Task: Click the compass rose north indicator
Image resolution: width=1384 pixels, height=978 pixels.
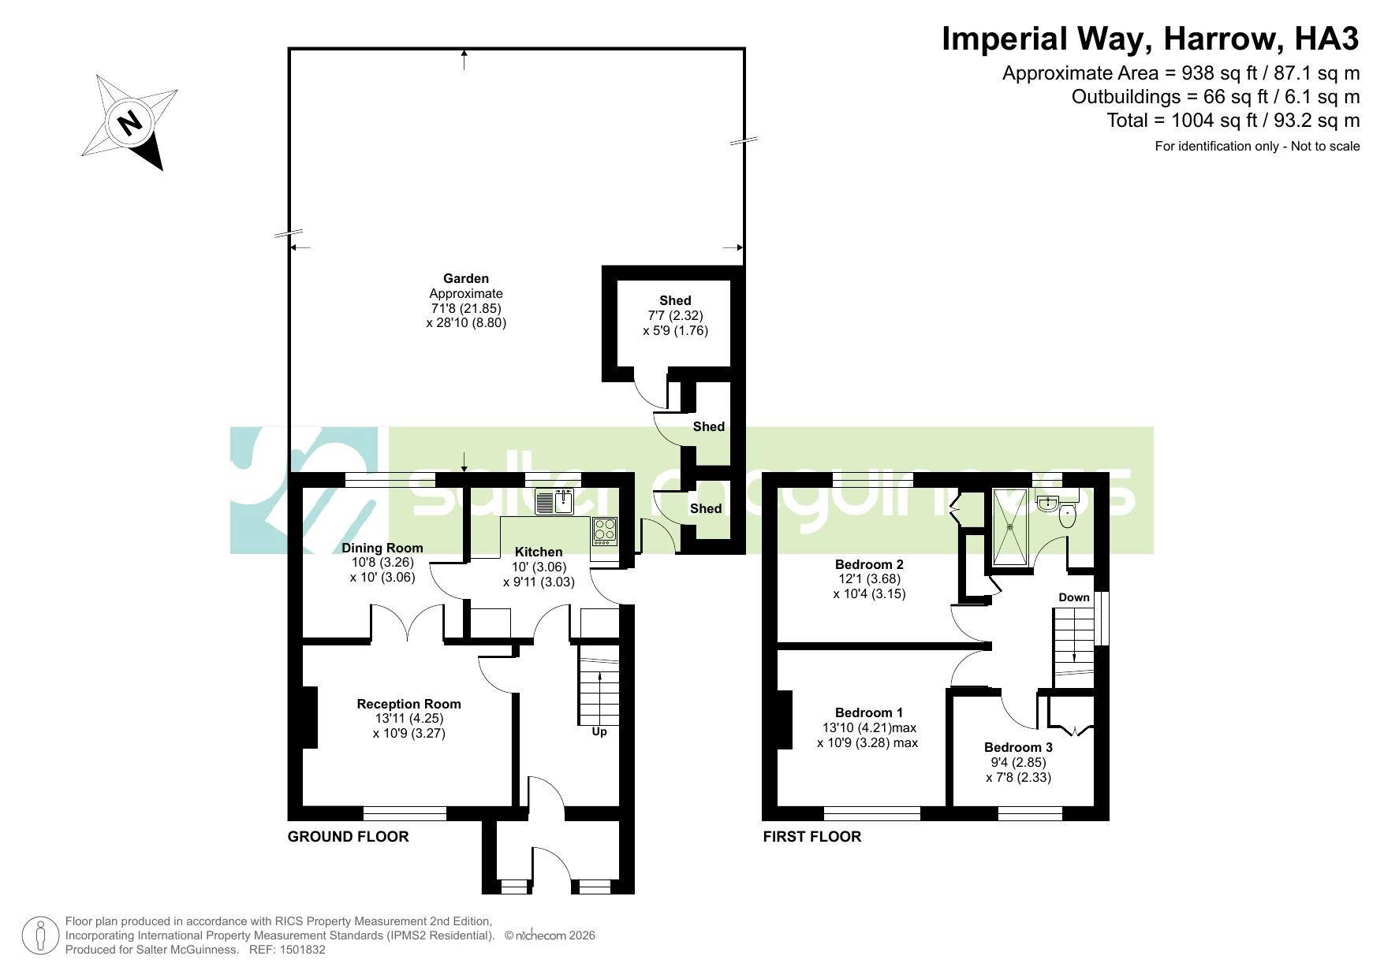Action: tap(129, 122)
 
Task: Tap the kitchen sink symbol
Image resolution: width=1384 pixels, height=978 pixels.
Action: tap(554, 502)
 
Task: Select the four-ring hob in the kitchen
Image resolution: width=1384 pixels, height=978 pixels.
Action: tap(606, 530)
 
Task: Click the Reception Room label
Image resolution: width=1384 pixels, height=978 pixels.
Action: tap(408, 704)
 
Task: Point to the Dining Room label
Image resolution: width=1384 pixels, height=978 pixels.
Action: tap(382, 548)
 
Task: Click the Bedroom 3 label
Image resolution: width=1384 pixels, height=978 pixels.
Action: tap(1018, 747)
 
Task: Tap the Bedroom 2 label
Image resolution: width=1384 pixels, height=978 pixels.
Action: tap(869, 564)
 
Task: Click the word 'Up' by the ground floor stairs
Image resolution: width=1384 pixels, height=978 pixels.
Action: tap(599, 732)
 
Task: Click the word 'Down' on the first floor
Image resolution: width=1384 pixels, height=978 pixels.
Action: tap(1073, 597)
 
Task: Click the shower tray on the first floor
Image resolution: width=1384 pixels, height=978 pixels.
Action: tap(1010, 526)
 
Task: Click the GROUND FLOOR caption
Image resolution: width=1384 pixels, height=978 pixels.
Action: tap(348, 836)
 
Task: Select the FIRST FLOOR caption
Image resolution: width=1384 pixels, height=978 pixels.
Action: tap(811, 836)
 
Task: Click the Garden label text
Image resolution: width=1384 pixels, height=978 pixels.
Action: tap(466, 278)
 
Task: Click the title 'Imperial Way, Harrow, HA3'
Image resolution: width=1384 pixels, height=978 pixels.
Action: tap(1151, 38)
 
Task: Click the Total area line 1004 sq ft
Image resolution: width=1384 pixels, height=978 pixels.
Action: tap(1233, 121)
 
